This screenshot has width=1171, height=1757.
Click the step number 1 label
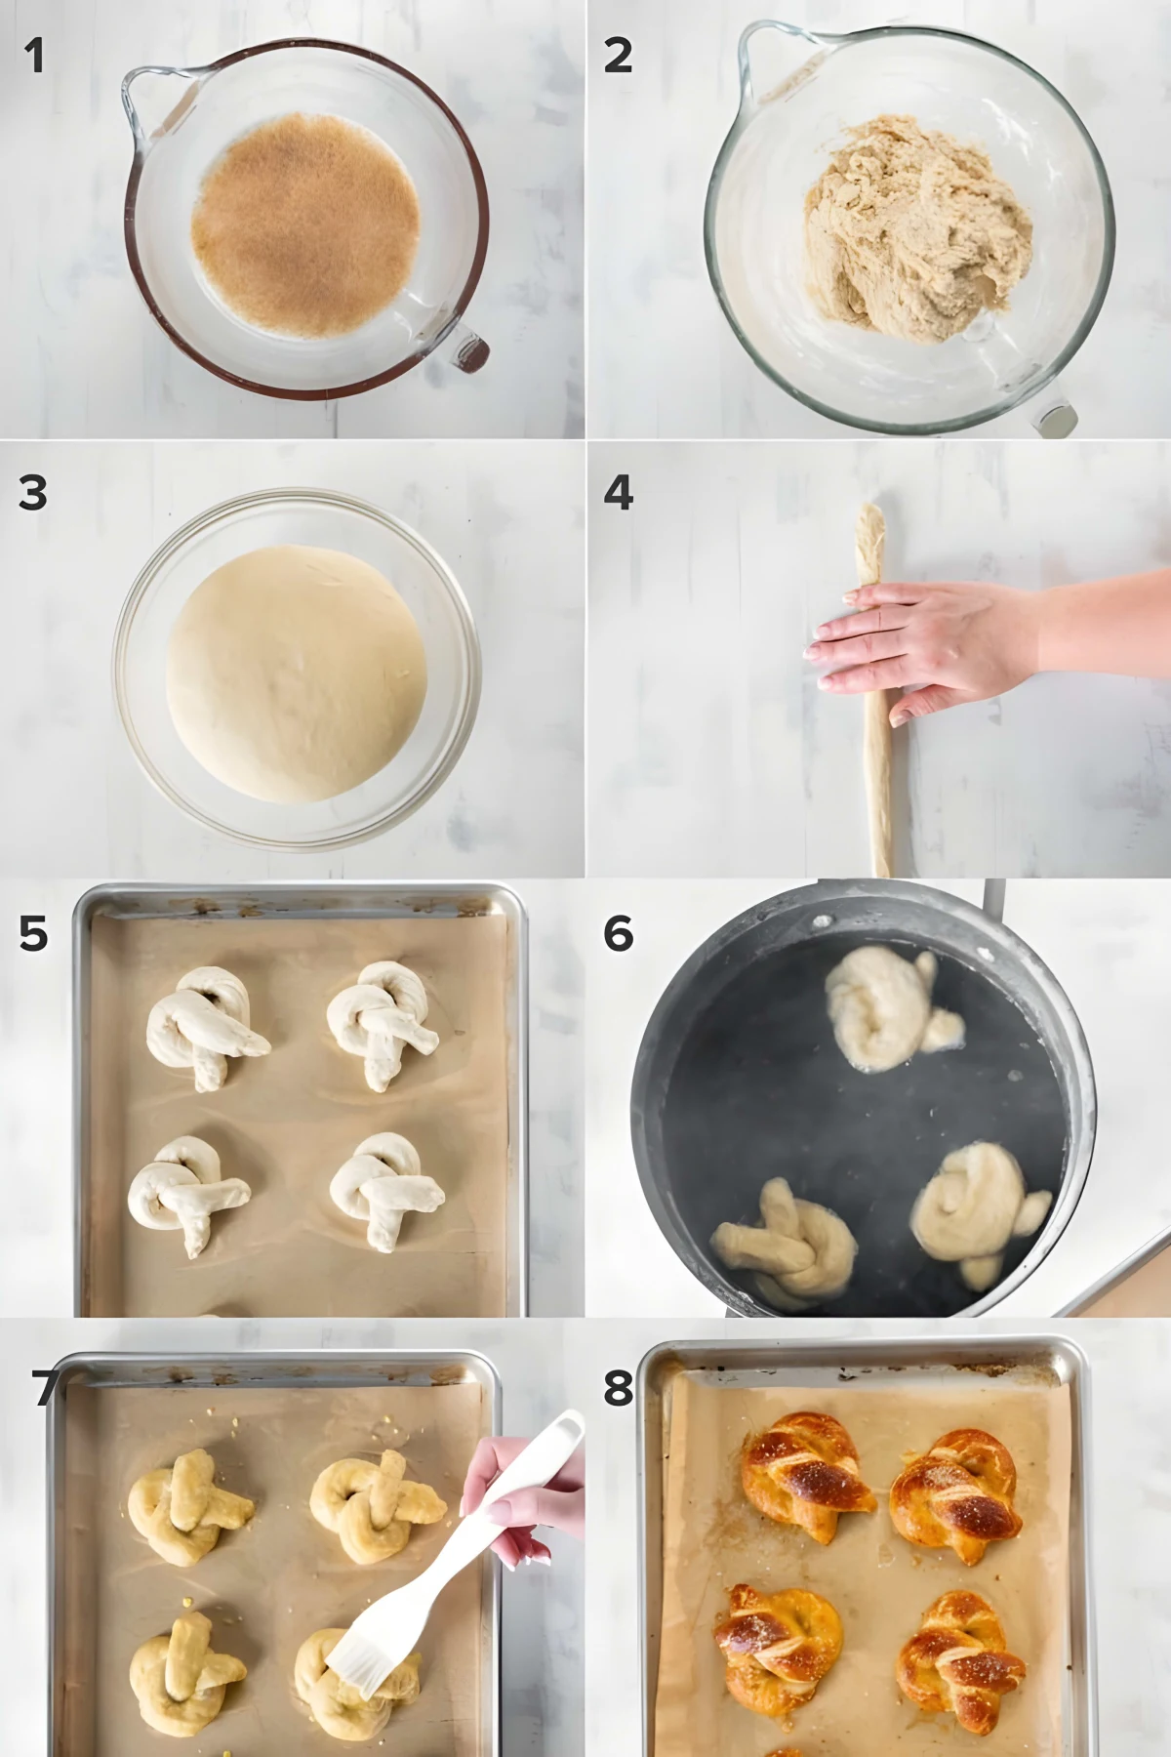pyautogui.click(x=34, y=56)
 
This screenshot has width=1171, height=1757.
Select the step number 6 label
pyautogui.click(x=618, y=934)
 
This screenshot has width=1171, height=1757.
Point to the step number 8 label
pyautogui.click(x=618, y=1387)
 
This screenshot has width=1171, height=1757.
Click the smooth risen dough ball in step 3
pyautogui.click(x=296, y=674)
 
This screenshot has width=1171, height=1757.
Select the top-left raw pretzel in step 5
pyautogui.click(x=203, y=1025)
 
